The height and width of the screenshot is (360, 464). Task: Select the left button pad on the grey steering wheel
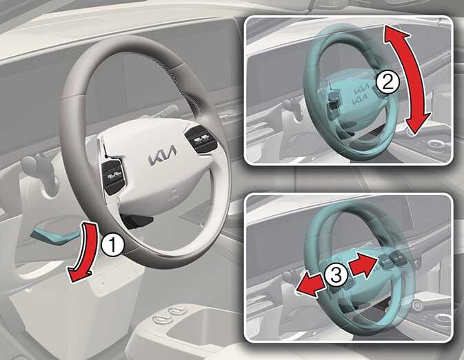[x=113, y=176]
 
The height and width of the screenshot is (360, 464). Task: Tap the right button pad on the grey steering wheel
[x=201, y=138]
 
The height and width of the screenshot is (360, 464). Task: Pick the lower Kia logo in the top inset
[x=360, y=99]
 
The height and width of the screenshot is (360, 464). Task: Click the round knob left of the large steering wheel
[x=30, y=163]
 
